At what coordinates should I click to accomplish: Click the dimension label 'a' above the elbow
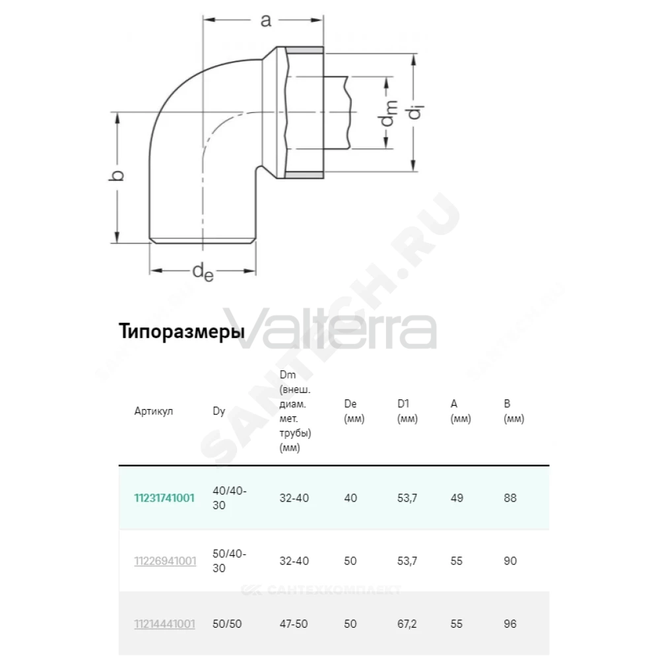[x=265, y=20]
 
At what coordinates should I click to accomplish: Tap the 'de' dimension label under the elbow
[x=203, y=271]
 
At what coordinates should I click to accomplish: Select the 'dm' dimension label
[x=389, y=114]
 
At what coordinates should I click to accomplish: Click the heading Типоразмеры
[x=181, y=331]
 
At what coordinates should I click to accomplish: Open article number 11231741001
[x=164, y=498]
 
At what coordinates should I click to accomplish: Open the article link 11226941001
[x=165, y=561]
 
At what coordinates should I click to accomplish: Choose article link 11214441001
[x=164, y=624]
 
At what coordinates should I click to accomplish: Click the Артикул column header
[x=154, y=411]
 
